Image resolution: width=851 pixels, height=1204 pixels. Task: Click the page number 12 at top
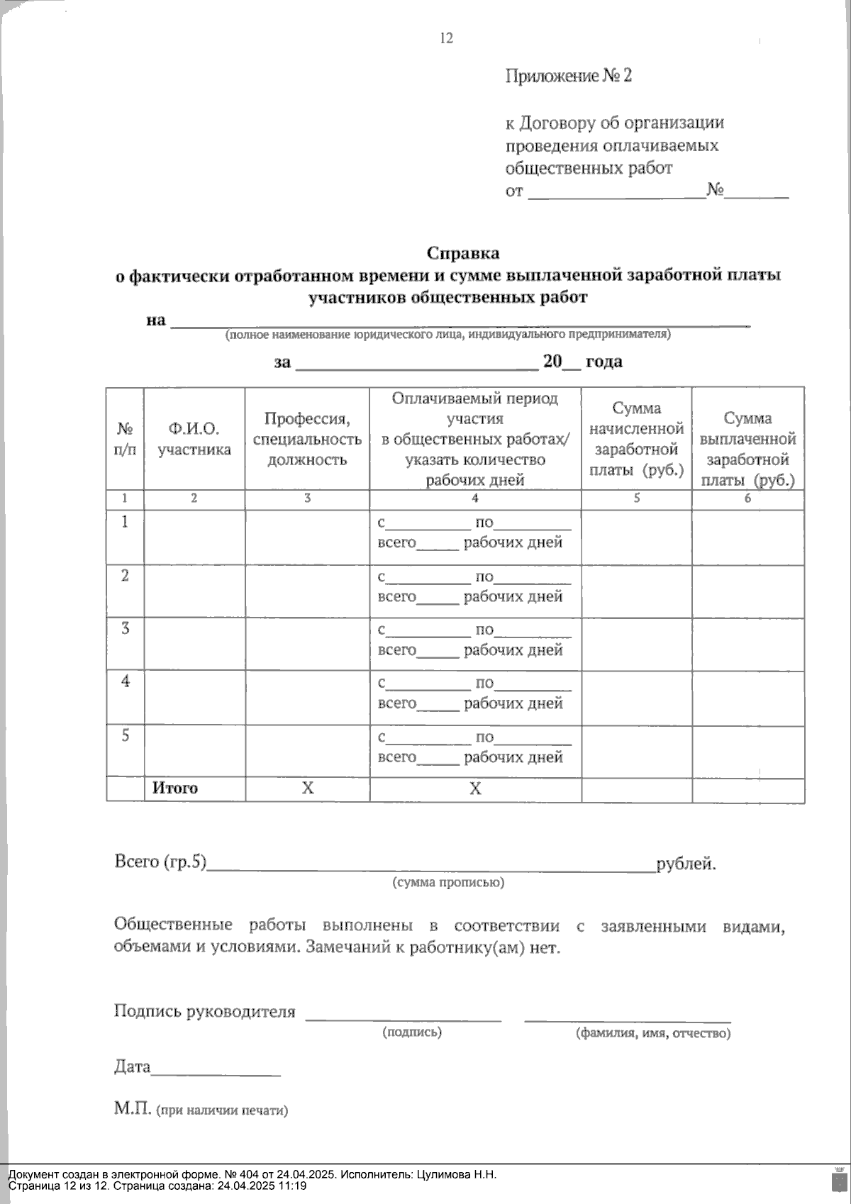(446, 38)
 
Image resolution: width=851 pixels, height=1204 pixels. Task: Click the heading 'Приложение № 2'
(568, 76)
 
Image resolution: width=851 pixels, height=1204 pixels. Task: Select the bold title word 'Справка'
(462, 253)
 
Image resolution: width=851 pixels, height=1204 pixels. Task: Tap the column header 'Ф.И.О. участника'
(194, 439)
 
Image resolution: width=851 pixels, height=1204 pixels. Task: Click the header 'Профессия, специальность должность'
(307, 439)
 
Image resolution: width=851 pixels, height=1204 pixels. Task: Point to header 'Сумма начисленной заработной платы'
(636, 439)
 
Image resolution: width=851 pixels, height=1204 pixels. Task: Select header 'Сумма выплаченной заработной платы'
(747, 449)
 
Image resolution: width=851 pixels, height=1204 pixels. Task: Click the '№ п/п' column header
(125, 439)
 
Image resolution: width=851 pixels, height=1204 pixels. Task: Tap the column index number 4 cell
(475, 498)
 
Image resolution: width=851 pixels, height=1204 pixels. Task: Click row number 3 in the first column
(126, 628)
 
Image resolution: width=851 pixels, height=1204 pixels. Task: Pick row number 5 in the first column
(126, 735)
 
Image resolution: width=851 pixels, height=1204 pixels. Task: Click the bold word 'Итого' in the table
(175, 788)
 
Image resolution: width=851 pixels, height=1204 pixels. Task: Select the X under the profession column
(307, 788)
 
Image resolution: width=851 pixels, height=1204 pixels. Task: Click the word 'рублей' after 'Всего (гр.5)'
(685, 864)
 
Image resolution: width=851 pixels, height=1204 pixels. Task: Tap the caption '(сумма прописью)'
(447, 883)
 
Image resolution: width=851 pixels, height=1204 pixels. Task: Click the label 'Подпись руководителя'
(204, 1012)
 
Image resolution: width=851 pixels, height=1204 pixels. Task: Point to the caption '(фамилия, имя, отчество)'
(652, 1033)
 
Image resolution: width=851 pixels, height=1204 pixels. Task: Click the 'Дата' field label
(133, 1066)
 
